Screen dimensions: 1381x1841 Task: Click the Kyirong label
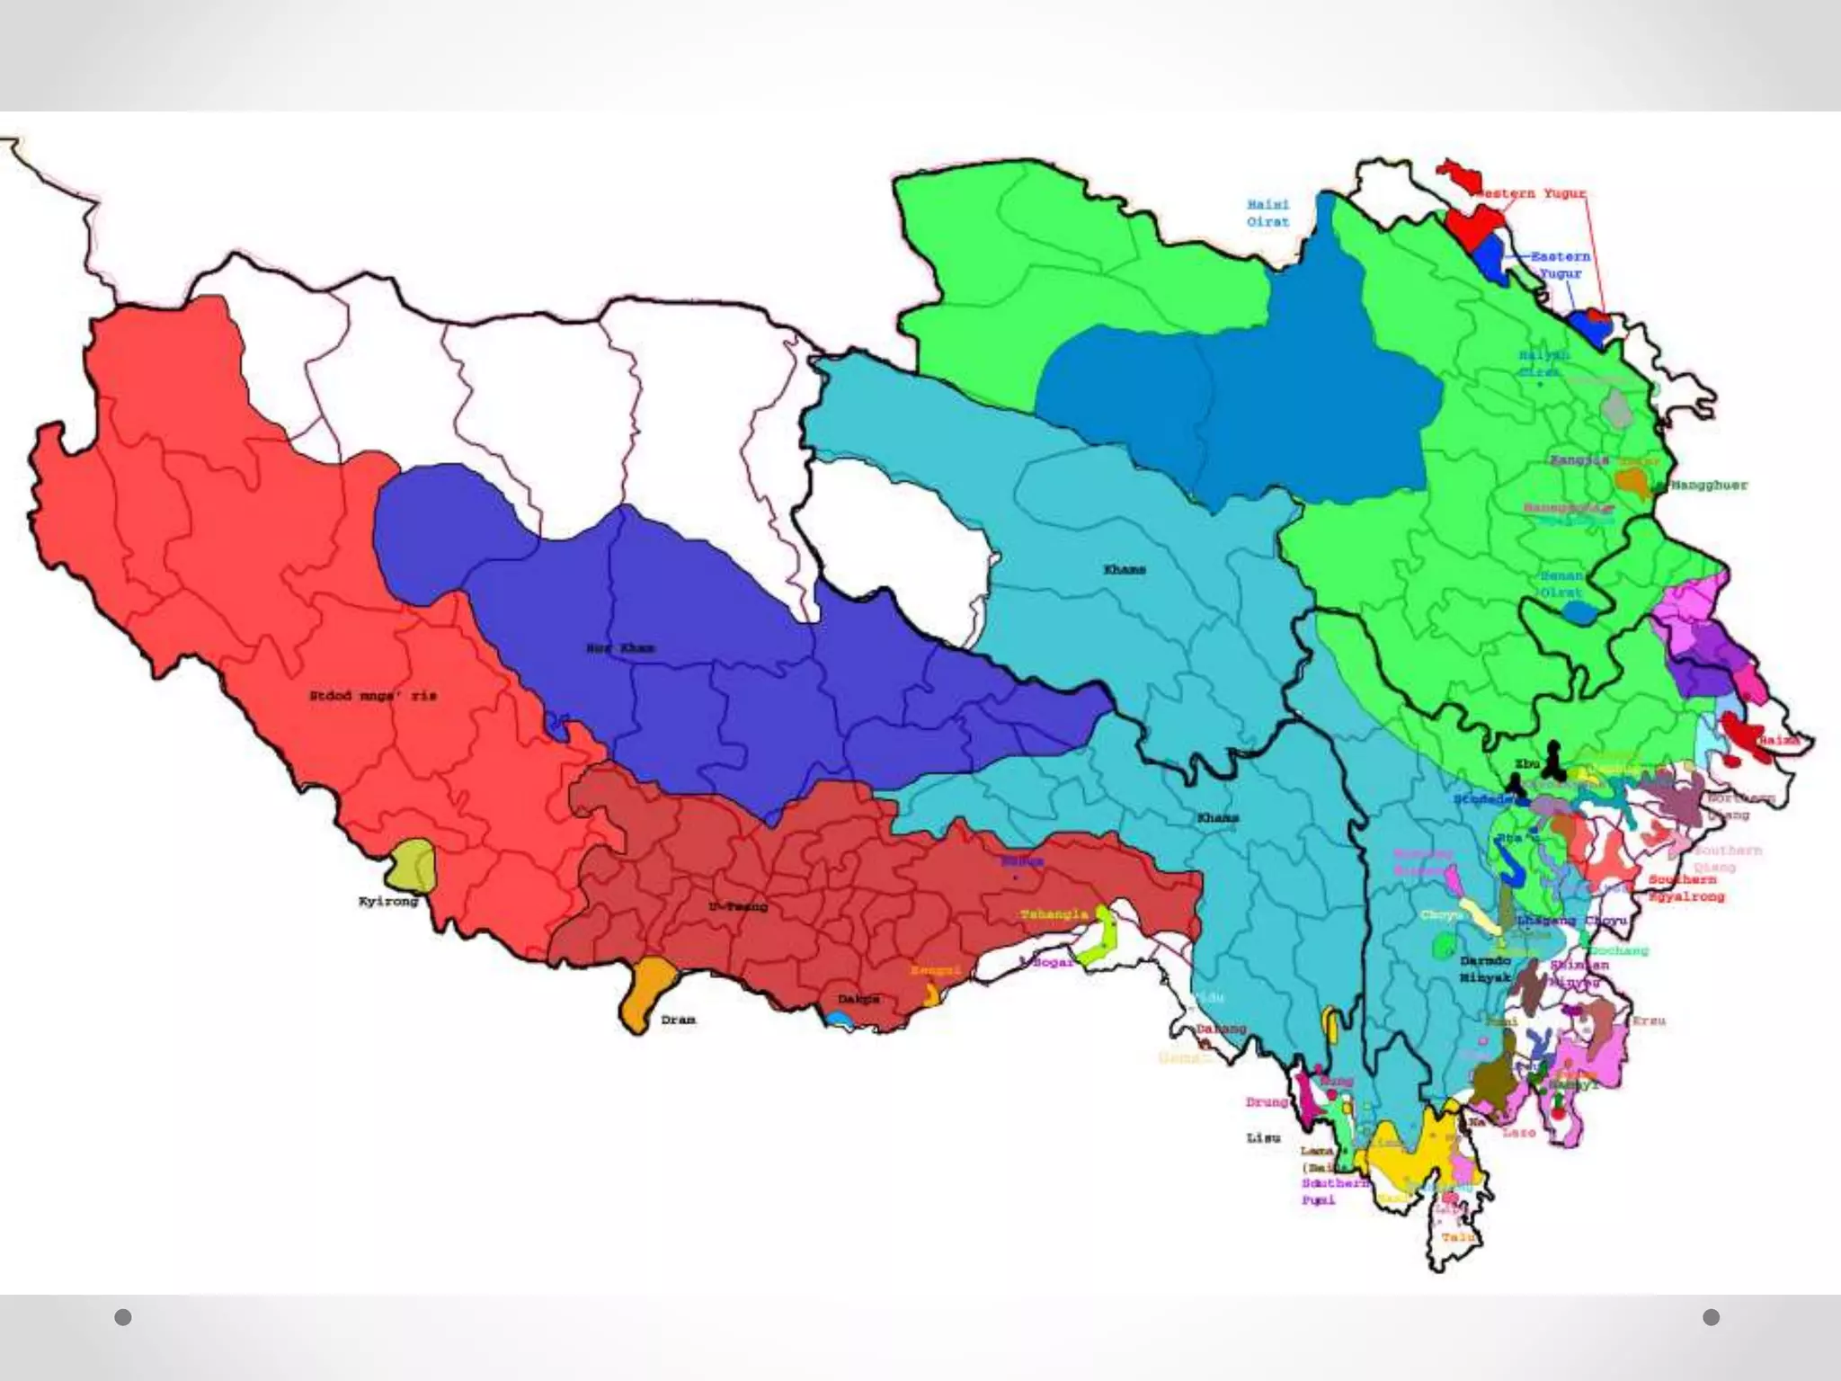pyautogui.click(x=388, y=901)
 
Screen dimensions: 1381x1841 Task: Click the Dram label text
pyautogui.click(x=678, y=1020)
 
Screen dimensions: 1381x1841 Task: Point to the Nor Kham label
pyautogui.click(x=620, y=647)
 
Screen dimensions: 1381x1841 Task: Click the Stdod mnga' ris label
pyautogui.click(x=372, y=696)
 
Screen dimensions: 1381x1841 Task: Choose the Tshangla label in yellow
pyautogui.click(x=1054, y=914)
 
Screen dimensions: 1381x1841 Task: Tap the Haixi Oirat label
pyautogui.click(x=1267, y=213)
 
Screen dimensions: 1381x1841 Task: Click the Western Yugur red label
pyautogui.click(x=1535, y=193)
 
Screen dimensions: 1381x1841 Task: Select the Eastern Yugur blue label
pyautogui.click(x=1560, y=264)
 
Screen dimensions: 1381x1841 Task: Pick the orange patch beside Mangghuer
pyautogui.click(x=1632, y=484)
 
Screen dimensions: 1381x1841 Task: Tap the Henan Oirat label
pyautogui.click(x=1561, y=584)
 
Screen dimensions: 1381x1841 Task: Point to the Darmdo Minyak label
pyautogui.click(x=1484, y=969)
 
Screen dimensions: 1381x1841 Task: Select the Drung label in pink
pyautogui.click(x=1267, y=1102)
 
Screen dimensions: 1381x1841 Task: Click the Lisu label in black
pyautogui.click(x=1263, y=1138)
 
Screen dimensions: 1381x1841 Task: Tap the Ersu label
pyautogui.click(x=1649, y=1021)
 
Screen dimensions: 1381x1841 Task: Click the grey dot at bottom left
pyautogui.click(x=123, y=1317)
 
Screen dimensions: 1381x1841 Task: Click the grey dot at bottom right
pyautogui.click(x=1712, y=1317)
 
